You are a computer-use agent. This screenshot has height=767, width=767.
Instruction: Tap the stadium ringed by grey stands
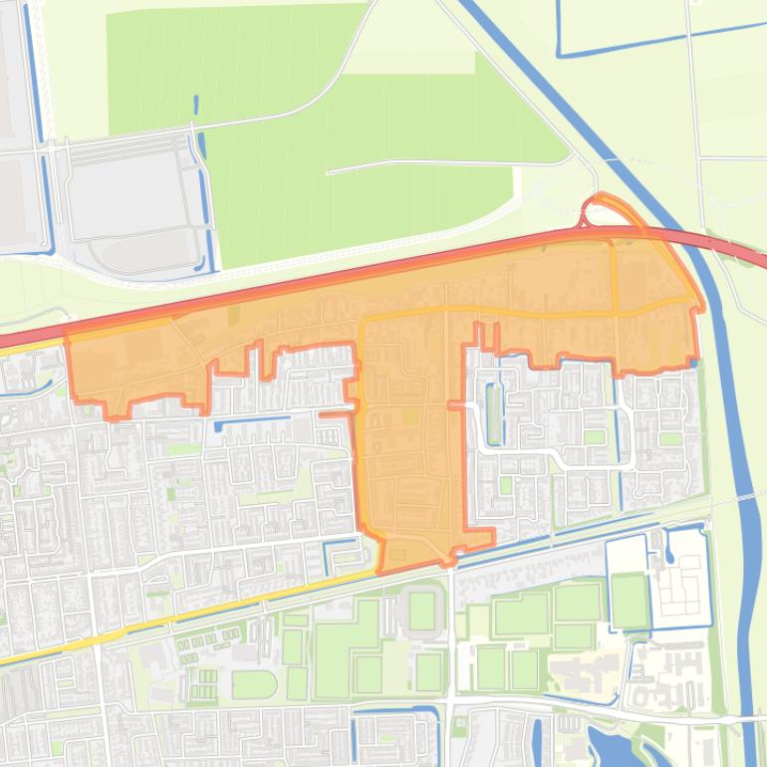(x=421, y=611)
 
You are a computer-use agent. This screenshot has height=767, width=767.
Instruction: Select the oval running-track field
(x=253, y=684)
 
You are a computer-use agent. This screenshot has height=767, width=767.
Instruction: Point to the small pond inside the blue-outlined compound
(x=668, y=545)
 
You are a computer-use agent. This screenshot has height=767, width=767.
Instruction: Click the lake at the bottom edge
(x=609, y=747)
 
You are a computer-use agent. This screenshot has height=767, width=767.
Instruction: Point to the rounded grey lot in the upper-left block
(x=149, y=249)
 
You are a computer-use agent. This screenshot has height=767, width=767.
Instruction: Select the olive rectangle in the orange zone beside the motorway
(x=234, y=315)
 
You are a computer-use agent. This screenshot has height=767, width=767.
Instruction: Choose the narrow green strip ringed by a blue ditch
(x=493, y=412)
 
